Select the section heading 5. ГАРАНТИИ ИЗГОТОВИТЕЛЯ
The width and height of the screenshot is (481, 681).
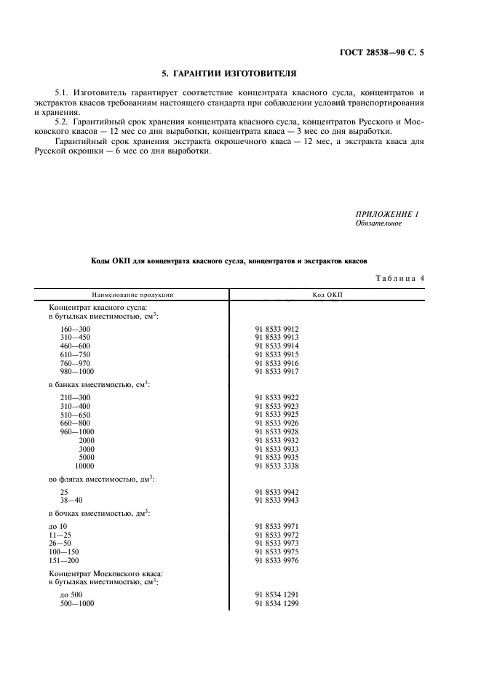[228, 74]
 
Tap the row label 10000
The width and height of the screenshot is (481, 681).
[87, 466]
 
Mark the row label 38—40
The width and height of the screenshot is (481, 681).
[70, 500]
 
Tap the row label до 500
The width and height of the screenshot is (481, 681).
[72, 594]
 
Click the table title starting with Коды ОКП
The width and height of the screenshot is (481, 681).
[229, 260]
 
